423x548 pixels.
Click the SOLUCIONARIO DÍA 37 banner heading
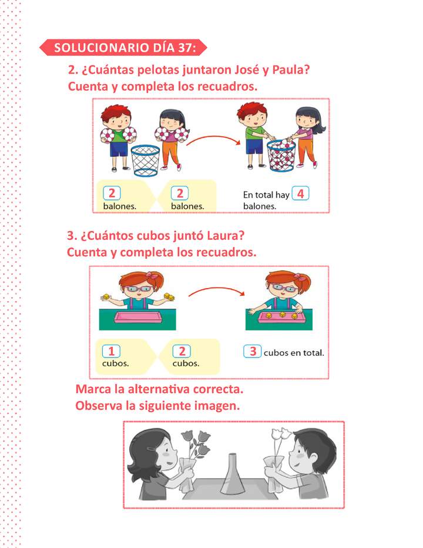click(x=125, y=48)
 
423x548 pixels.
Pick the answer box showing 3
click(x=253, y=352)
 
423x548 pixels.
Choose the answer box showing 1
click(x=111, y=352)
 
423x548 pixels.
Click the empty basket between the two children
click(x=145, y=160)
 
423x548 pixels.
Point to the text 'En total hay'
click(x=266, y=195)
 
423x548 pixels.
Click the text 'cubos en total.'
click(x=294, y=353)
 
